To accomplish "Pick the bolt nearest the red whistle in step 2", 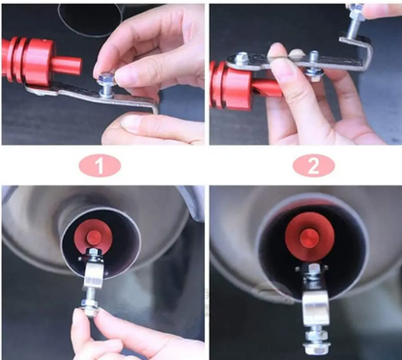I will pos(241,61).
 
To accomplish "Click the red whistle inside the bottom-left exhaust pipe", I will pos(92,235).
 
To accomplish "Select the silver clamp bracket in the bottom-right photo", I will pos(315,307).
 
